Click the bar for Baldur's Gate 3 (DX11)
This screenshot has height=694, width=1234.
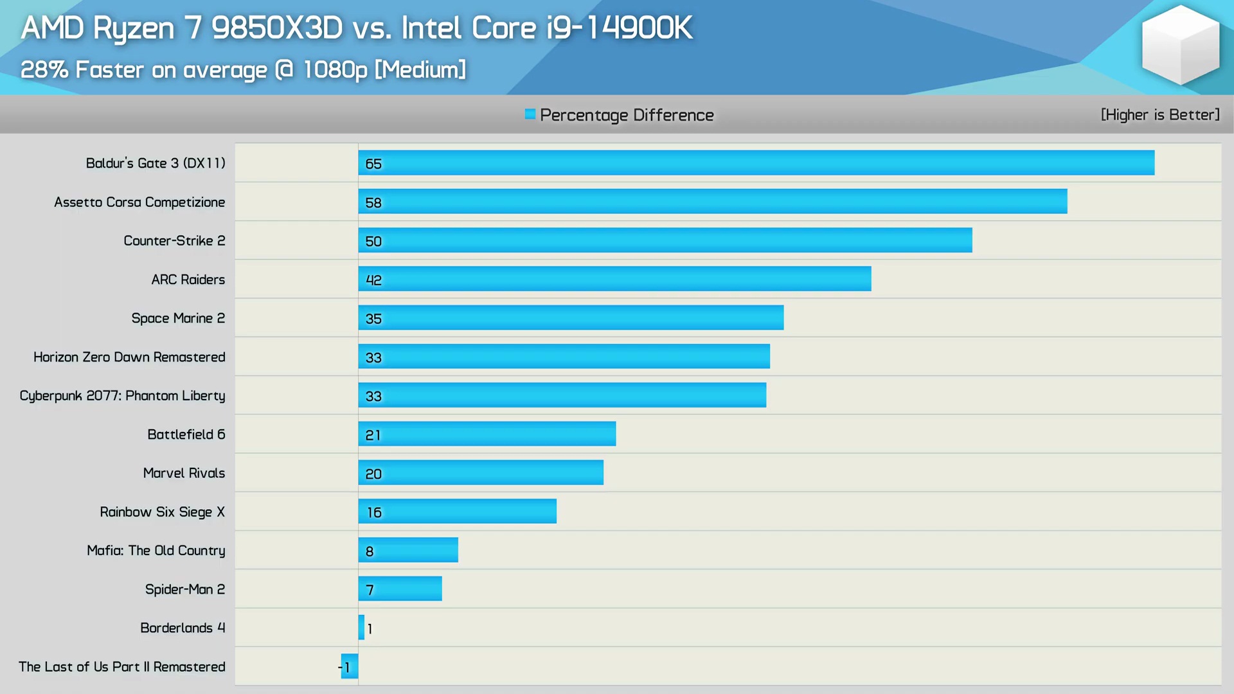(756, 163)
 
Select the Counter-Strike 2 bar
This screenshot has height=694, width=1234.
(665, 240)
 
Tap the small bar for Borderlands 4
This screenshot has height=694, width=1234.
(361, 627)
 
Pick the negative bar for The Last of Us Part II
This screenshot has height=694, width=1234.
(350, 666)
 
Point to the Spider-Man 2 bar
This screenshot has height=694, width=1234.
(400, 589)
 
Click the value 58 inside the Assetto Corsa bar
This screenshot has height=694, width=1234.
(373, 203)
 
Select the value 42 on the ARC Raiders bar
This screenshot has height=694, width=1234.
(373, 280)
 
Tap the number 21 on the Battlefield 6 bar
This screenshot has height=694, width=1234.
(373, 435)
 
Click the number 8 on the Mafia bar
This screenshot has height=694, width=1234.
(370, 551)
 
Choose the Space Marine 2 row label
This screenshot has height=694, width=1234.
(178, 318)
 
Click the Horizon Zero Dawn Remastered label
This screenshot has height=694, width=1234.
(129, 357)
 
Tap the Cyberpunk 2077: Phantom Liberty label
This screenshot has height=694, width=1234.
(122, 396)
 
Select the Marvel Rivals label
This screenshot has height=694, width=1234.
(184, 473)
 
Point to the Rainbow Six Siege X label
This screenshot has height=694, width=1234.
(162, 512)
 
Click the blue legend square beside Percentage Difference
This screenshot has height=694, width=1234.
(530, 114)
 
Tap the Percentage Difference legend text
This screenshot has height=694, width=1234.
(627, 115)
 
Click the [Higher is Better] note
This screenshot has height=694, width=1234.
(1160, 115)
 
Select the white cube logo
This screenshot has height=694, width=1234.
(1180, 45)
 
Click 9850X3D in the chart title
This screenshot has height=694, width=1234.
(277, 28)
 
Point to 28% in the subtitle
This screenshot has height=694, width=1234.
(44, 69)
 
